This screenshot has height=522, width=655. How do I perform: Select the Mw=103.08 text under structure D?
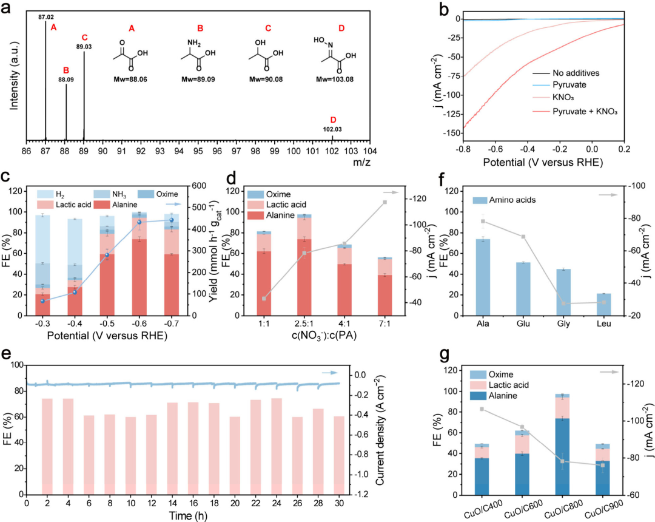point(332,80)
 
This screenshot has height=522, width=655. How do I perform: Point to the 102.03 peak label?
point(332,129)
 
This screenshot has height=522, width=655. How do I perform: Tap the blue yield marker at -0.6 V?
point(139,222)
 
